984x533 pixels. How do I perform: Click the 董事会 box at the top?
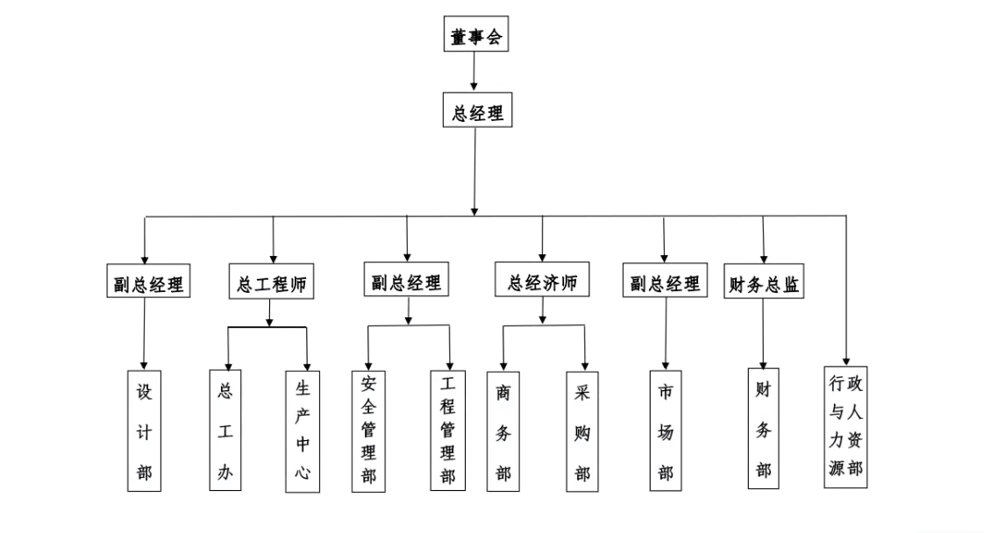474,37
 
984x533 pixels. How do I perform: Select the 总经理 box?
474,112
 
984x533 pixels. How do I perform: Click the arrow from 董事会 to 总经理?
474,71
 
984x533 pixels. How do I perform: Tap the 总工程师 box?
271,284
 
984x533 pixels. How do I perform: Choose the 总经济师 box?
542,282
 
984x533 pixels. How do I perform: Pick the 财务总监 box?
764,285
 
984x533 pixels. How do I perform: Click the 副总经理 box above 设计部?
146,285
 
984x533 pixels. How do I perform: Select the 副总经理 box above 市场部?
664,283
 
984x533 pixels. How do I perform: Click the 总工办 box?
225,430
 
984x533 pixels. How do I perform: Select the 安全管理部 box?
368,430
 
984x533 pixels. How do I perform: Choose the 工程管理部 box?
447,430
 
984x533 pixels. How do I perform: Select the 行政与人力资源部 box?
846,426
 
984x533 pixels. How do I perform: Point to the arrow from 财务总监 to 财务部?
763,333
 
